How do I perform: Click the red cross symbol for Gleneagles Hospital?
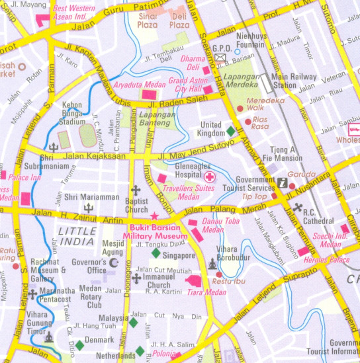tap(209, 177)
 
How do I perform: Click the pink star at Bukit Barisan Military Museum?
tap(155, 215)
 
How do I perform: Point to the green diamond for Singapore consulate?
tap(156, 253)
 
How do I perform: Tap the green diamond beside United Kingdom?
tap(230, 130)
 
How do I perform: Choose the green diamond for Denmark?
tap(79, 345)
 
